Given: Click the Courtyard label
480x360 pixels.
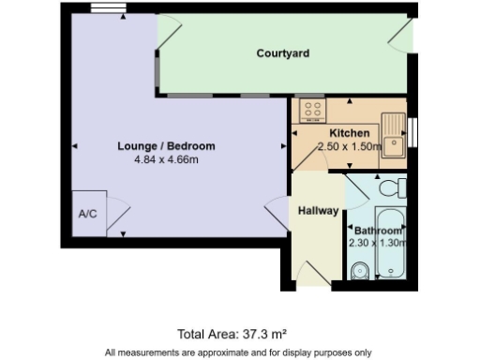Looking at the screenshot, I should tap(283, 53).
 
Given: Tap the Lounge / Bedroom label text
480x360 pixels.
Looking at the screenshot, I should tap(166, 146).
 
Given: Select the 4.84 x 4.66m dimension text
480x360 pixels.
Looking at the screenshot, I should tap(166, 160).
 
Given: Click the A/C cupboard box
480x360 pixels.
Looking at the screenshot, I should tap(88, 212).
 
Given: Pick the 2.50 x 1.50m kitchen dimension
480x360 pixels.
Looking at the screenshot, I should tap(351, 147).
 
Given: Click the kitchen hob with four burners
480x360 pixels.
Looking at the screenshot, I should tap(311, 111).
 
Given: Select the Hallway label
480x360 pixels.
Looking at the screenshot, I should tap(318, 211).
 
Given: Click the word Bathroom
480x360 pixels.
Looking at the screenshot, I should tap(378, 231).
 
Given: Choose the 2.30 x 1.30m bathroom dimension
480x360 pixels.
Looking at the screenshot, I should tap(378, 243).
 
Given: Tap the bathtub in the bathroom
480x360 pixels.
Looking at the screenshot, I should tap(390, 246).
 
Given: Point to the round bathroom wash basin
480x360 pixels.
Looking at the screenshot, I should tap(358, 272).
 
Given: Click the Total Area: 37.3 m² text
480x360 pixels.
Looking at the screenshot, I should tap(232, 333).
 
